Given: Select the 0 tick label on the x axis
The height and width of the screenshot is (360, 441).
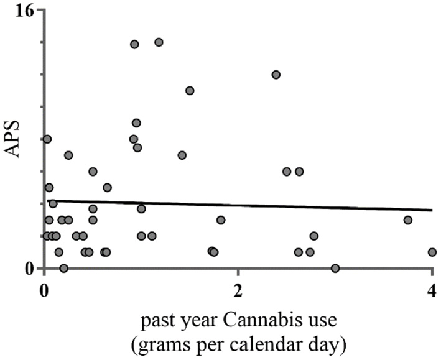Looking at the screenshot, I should [44, 291].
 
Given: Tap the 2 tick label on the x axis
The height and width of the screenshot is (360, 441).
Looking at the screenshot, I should [238, 291].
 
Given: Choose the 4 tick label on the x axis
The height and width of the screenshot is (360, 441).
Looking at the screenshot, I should [432, 291].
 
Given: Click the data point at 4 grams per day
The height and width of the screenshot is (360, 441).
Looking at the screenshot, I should [432, 252].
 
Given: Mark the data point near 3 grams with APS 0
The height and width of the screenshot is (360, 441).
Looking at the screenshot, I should [335, 268].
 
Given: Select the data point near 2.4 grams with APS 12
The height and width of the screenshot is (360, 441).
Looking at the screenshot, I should [276, 75].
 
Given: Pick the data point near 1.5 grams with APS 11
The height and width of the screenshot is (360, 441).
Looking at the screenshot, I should [190, 91].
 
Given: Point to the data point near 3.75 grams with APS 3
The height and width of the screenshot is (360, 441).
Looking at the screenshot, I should [407, 219].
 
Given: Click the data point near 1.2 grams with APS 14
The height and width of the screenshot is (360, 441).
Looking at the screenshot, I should [159, 42].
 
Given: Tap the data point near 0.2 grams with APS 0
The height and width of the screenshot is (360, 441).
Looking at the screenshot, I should [63, 268].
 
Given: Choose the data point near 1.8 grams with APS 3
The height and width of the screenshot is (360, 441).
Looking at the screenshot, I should [220, 219].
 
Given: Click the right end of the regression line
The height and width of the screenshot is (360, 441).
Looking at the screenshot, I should [432, 210].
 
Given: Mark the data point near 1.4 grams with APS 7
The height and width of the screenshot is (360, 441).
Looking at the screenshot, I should [182, 155].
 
